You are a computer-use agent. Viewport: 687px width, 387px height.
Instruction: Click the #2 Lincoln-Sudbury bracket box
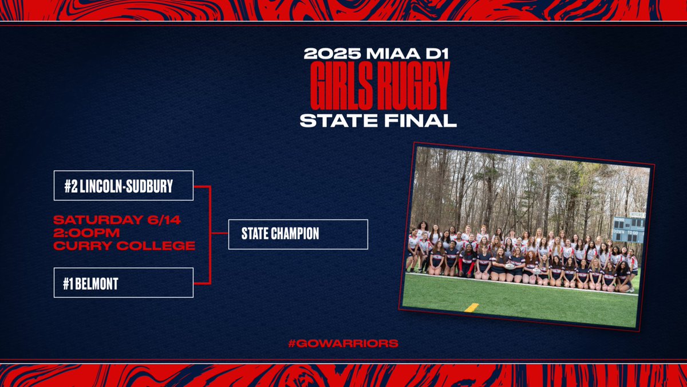coord(123,186)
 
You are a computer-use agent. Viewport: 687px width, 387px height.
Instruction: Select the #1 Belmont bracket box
coord(123,283)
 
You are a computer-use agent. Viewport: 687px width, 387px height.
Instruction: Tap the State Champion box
coord(298,234)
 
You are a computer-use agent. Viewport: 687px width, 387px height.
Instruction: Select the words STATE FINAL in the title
coord(378,120)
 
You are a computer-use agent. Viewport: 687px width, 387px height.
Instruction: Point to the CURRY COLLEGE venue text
coord(124,246)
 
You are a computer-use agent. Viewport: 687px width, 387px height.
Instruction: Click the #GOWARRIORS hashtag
coord(343,343)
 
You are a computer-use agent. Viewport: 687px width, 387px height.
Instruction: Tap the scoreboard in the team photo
coord(627,229)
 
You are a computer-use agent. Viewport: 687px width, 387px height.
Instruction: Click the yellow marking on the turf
coord(472,307)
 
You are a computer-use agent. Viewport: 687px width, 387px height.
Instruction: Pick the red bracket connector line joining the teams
coord(211,234)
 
